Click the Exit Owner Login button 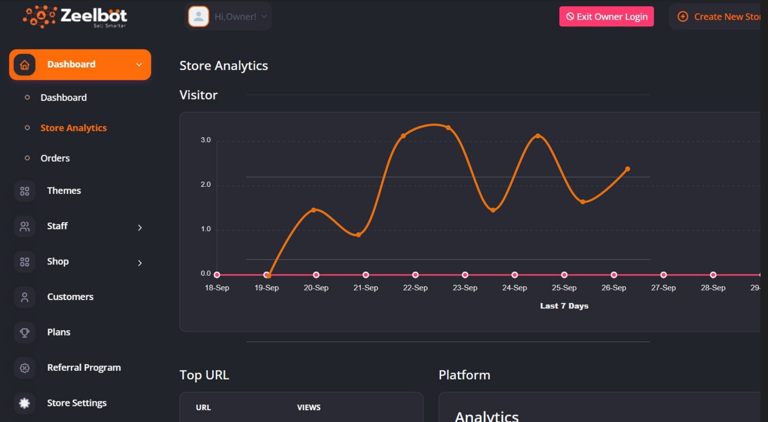click(x=606, y=17)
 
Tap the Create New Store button click(x=718, y=17)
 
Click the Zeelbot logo click(x=75, y=17)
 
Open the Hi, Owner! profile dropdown click(x=228, y=17)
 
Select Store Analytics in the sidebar click(x=73, y=128)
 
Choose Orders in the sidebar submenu click(x=55, y=158)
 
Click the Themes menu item click(x=64, y=191)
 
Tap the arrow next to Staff click(x=140, y=228)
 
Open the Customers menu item click(x=70, y=297)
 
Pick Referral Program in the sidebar click(x=84, y=368)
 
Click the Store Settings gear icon click(x=24, y=403)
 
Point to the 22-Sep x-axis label click(x=415, y=288)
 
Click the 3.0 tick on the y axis click(x=205, y=140)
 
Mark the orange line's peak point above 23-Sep click(x=448, y=127)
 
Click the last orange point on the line click(x=628, y=169)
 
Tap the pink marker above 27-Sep click(x=663, y=275)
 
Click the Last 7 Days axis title click(x=564, y=306)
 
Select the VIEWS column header click(x=309, y=407)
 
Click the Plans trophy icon click(x=24, y=332)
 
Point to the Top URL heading click(x=204, y=375)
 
